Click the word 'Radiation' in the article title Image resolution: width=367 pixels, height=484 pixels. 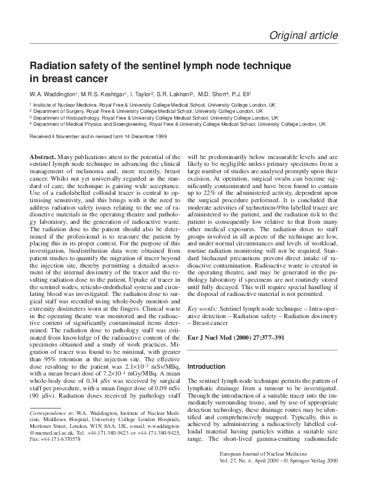(x=56, y=66)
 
